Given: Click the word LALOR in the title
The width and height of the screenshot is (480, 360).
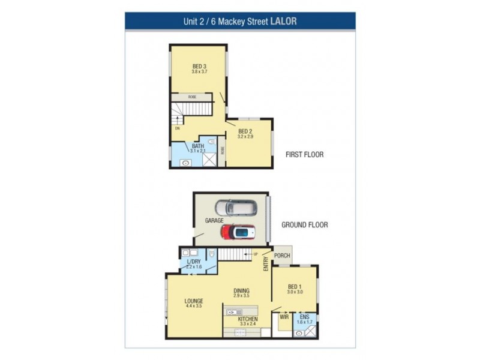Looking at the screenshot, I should coord(284,21).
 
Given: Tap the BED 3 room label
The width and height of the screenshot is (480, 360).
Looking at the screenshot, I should coord(200,66).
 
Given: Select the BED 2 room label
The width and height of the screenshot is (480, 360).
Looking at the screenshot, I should coord(245,131).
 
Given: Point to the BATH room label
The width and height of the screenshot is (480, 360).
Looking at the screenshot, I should coord(198,145).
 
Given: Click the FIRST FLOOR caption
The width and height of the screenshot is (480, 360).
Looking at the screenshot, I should coord(304,154).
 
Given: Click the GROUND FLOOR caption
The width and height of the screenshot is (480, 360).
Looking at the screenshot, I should coord(305,225).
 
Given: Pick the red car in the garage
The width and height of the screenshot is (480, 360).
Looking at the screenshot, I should coord(238,232).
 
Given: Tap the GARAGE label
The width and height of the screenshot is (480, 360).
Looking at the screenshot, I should coord(214,221).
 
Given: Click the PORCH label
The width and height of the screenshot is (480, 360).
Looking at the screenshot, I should coord(282,256).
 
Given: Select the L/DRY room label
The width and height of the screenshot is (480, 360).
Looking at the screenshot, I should coord(193,262).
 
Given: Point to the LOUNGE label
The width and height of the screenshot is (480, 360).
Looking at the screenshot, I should coord(194,301).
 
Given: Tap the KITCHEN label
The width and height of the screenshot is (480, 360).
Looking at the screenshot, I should coord(248,319).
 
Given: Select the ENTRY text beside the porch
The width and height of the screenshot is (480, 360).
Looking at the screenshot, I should coord(265,265).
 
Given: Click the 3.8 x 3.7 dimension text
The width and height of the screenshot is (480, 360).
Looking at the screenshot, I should coord(200,72).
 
